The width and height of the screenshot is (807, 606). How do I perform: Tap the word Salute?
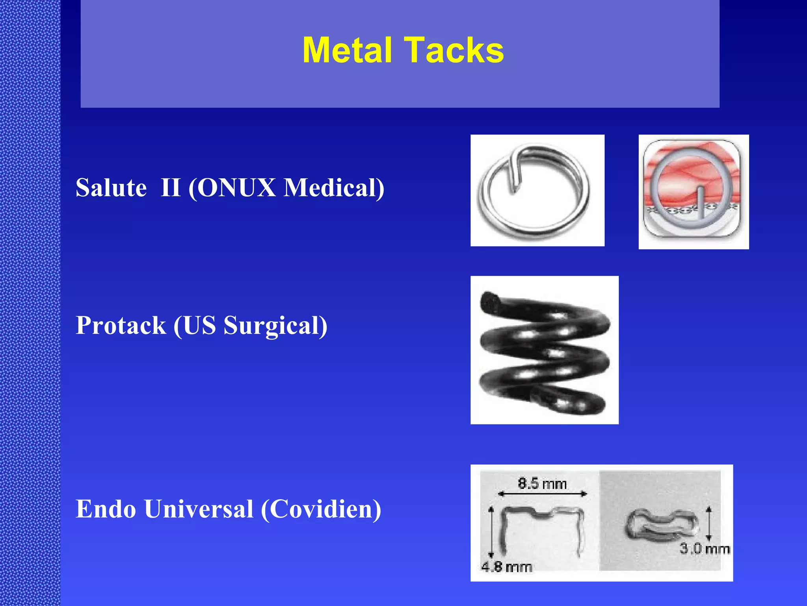111,187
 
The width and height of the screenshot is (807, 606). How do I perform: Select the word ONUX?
236,187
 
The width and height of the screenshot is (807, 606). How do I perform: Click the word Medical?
333,187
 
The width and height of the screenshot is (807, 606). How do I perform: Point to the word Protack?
121,325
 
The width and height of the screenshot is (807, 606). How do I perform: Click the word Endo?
106,509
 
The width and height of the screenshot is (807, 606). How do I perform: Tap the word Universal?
199,509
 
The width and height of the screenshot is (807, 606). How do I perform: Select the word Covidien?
321,509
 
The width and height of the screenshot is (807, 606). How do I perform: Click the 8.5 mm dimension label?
542,483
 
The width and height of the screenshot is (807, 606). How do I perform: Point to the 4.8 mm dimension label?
506,567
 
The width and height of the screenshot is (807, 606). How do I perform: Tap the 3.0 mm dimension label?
705,548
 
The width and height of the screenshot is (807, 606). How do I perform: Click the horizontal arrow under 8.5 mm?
542,494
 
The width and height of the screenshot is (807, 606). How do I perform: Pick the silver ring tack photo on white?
537,191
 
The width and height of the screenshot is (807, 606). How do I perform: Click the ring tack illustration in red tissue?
693,192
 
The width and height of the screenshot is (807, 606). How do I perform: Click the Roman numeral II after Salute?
170,187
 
